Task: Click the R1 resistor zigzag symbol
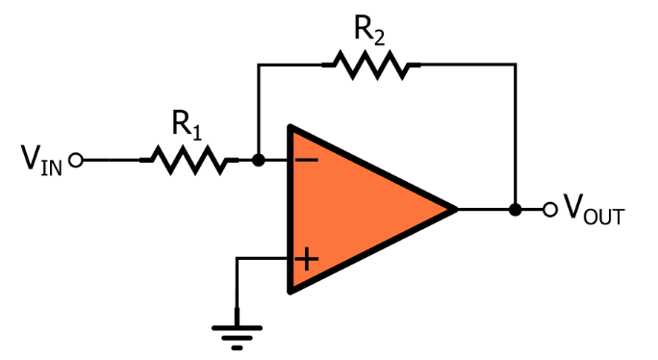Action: (189, 160)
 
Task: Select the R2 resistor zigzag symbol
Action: (370, 64)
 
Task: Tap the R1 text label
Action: (187, 123)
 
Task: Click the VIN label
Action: (41, 160)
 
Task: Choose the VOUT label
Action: (593, 209)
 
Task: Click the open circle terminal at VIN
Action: (77, 160)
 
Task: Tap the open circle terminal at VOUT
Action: (549, 209)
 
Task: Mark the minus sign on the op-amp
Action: (305, 160)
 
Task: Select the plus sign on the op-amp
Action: (306, 258)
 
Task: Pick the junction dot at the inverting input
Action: (258, 160)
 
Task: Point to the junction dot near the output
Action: (516, 209)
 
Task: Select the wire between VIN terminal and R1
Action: (111, 160)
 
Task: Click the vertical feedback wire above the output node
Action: (516, 135)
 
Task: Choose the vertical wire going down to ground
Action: (237, 289)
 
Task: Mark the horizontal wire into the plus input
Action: (264, 258)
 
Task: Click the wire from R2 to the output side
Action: (467, 64)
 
